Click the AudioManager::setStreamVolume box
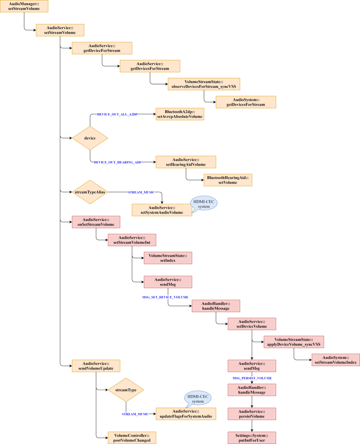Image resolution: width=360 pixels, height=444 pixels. (24, 6)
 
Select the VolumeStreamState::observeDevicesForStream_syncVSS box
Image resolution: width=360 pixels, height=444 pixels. (204, 84)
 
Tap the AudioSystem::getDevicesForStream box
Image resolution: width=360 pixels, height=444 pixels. (246, 102)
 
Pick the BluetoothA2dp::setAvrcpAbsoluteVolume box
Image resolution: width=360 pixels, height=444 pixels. (180, 114)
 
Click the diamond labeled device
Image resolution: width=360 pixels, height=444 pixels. (90, 138)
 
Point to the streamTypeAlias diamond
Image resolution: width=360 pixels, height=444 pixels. (90, 192)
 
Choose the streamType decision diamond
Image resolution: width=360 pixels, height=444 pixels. (126, 390)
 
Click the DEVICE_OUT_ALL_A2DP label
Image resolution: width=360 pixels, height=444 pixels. (117, 114)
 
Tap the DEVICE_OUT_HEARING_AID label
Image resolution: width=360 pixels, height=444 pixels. (117, 162)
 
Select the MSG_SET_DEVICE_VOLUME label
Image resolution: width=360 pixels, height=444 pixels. (165, 297)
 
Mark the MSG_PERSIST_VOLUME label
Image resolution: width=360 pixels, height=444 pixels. (252, 378)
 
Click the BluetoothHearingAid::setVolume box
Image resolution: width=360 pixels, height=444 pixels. (228, 180)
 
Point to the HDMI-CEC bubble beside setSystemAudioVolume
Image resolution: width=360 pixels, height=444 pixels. (204, 204)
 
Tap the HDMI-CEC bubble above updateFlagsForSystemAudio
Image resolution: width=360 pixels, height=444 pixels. (198, 398)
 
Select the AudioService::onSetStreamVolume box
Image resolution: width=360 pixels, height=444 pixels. (96, 222)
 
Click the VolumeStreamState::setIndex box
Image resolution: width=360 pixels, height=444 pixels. (168, 258)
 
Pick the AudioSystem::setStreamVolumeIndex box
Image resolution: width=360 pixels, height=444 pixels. (336, 360)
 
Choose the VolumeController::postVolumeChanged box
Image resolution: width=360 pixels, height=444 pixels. (132, 438)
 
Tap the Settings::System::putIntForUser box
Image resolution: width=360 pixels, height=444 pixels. (252, 438)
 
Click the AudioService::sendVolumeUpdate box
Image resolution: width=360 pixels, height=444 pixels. (96, 366)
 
